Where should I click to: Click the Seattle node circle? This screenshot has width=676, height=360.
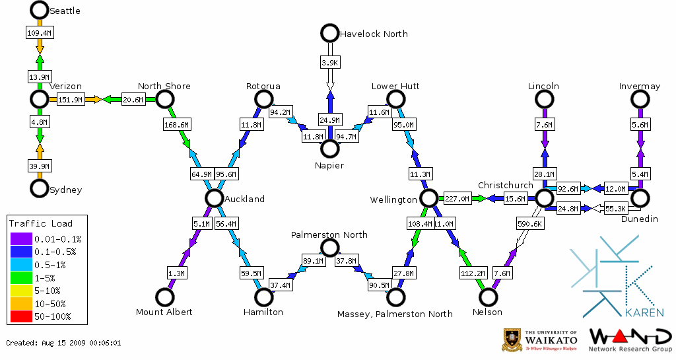tap(40, 10)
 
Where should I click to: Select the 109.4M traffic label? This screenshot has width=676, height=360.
tap(39, 32)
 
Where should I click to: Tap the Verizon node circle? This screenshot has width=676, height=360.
tap(40, 99)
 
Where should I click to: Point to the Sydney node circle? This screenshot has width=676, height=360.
tap(40, 188)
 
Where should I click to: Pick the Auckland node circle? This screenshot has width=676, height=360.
tap(213, 198)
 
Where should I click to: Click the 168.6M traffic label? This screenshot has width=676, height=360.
tap(176, 124)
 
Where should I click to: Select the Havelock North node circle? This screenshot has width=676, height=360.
tap(329, 33)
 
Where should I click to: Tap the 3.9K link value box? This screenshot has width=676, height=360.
tap(329, 62)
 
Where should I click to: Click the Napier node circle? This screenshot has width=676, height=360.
tap(329, 149)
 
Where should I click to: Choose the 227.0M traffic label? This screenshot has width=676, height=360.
tap(457, 198)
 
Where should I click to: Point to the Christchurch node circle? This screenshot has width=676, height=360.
tap(544, 198)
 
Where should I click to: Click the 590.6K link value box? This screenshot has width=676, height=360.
tap(529, 224)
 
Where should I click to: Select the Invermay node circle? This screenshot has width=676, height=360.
tap(639, 99)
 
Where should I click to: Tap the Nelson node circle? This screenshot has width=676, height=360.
tap(489, 297)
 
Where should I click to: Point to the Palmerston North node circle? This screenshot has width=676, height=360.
tap(329, 248)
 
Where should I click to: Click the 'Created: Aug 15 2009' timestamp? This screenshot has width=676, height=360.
tap(63, 343)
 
